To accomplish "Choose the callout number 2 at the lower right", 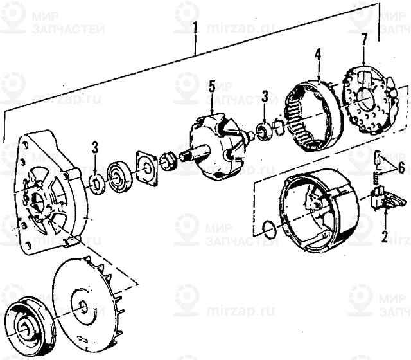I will pos(384,236).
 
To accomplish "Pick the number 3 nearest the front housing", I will pos(94,147).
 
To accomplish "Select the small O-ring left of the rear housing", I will pos(270,228).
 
